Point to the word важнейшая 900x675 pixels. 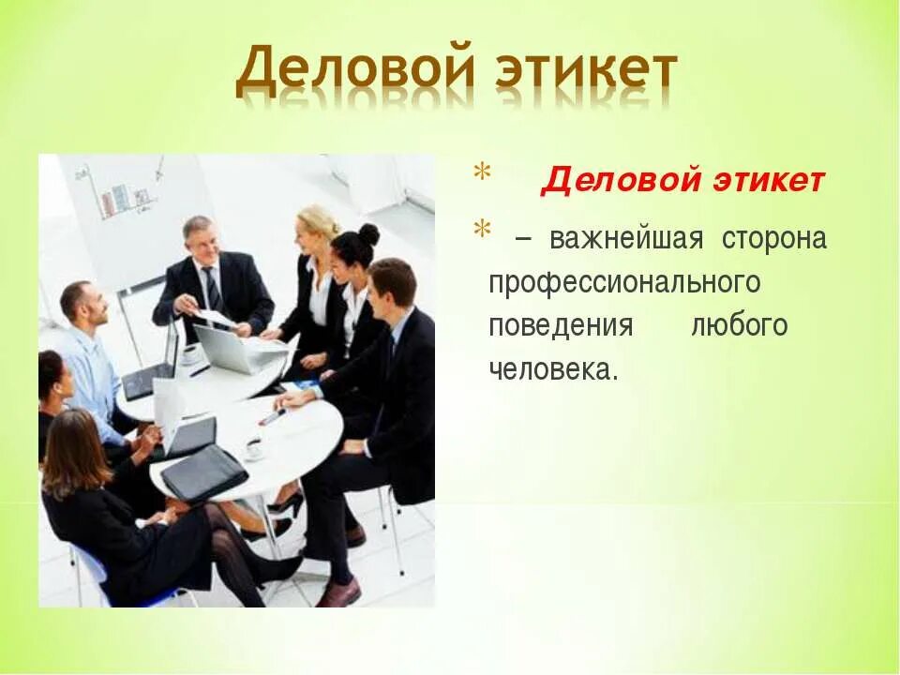point(626,239)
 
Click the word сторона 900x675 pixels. point(774,239)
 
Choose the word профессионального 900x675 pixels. point(624,283)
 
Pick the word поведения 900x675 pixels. point(561,326)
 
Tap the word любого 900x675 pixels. point(739,326)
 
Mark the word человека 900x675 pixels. point(553,369)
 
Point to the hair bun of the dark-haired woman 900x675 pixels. point(369,233)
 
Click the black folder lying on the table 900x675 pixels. point(204,473)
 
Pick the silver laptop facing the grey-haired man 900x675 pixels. point(230,349)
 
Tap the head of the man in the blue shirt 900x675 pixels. point(78,304)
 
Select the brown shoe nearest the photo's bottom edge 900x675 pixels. point(338,592)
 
